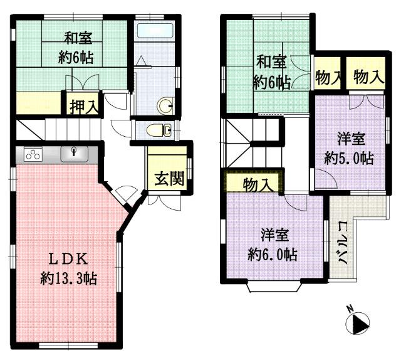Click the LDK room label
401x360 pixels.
coord(68,259)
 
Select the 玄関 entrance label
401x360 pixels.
coord(170,178)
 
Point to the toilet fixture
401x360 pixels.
coord(159,130)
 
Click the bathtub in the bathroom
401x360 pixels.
coord(155,30)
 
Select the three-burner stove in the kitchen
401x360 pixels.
coord(33,154)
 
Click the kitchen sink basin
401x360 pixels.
coord(74,154)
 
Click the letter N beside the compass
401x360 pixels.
coord(350,309)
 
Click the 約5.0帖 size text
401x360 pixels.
coord(349,158)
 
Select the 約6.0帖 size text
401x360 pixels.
coord(273,254)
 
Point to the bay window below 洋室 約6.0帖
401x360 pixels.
coord(274,287)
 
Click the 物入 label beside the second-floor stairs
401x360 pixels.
coord(258,184)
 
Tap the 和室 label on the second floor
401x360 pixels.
coord(271,62)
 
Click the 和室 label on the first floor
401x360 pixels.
coord(78,38)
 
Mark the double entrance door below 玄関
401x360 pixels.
coord(164,203)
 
